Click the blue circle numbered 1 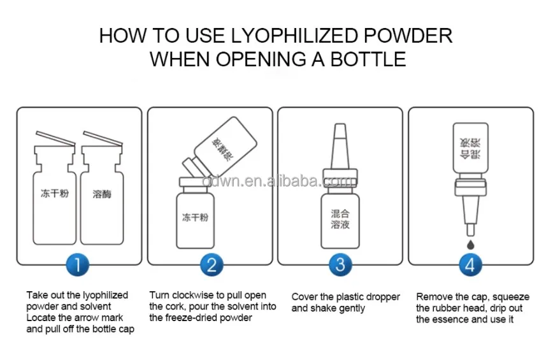[78, 264]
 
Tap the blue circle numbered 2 [212, 264]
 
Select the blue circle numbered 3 [340, 264]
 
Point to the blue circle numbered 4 [470, 264]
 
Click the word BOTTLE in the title [368, 59]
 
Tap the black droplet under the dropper [470, 244]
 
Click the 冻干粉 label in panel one [55, 193]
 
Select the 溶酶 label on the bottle [102, 194]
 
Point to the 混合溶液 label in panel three [340, 219]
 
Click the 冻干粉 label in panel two [195, 217]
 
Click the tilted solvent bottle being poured [221, 147]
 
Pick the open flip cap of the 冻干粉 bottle [55, 138]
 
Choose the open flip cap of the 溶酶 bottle [103, 138]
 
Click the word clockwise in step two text [193, 295]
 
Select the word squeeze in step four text [511, 297]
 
